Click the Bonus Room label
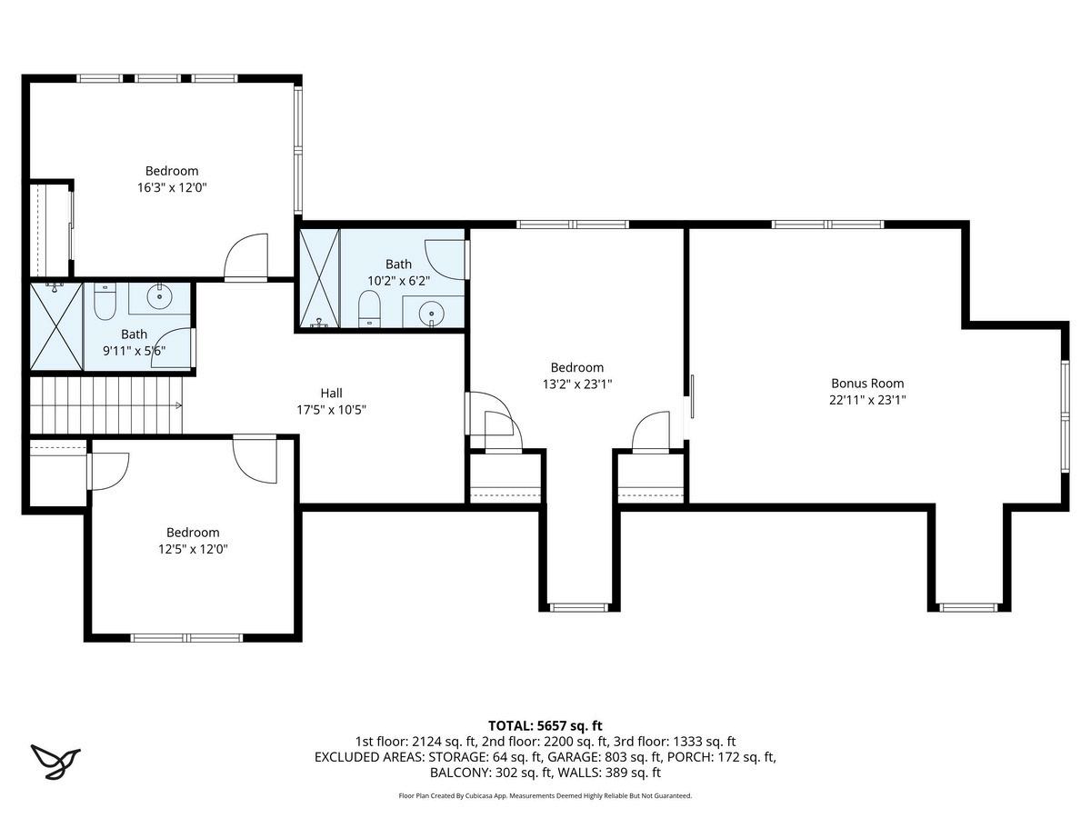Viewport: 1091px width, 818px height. pos(867,383)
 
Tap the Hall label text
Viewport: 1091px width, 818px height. pos(331,393)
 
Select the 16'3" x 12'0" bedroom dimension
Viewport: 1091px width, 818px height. pos(172,188)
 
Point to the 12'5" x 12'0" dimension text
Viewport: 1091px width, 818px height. pos(193,549)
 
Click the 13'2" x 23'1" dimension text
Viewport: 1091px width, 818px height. pos(577,384)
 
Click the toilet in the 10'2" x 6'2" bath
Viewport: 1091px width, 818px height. pos(369,309)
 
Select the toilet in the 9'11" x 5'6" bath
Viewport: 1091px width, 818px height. pos(105,301)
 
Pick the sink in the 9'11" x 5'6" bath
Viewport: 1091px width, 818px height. pos(159,296)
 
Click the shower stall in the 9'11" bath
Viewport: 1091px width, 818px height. pos(56,326)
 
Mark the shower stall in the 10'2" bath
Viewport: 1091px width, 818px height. pos(320,278)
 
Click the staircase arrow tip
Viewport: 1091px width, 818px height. pos(181,405)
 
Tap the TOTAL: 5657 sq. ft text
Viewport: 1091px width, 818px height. pos(545,726)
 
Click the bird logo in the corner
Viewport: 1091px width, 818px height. pos(55,762)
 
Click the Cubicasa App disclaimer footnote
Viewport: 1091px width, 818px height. pos(545,796)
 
